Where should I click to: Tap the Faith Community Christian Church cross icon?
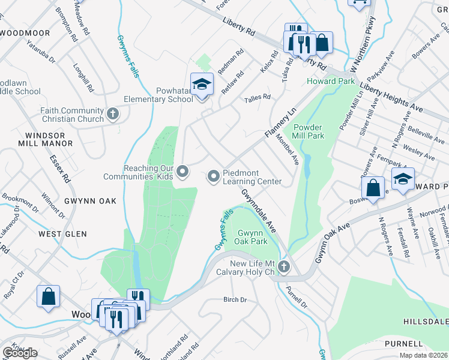pos(112,114)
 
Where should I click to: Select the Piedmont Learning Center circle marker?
pos(213,176)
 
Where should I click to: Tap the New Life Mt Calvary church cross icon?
pos(285,267)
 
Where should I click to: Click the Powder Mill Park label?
pos(308,131)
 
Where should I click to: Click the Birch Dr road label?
pos(235,299)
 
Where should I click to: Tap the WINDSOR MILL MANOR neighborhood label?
pos(45,139)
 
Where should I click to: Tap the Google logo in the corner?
pos(20,353)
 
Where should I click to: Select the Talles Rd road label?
pos(258,97)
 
